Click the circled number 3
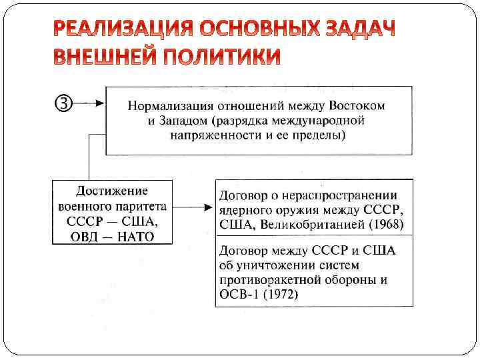(61, 103)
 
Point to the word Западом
(178, 121)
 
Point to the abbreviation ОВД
(83, 236)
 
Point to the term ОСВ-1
(237, 294)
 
